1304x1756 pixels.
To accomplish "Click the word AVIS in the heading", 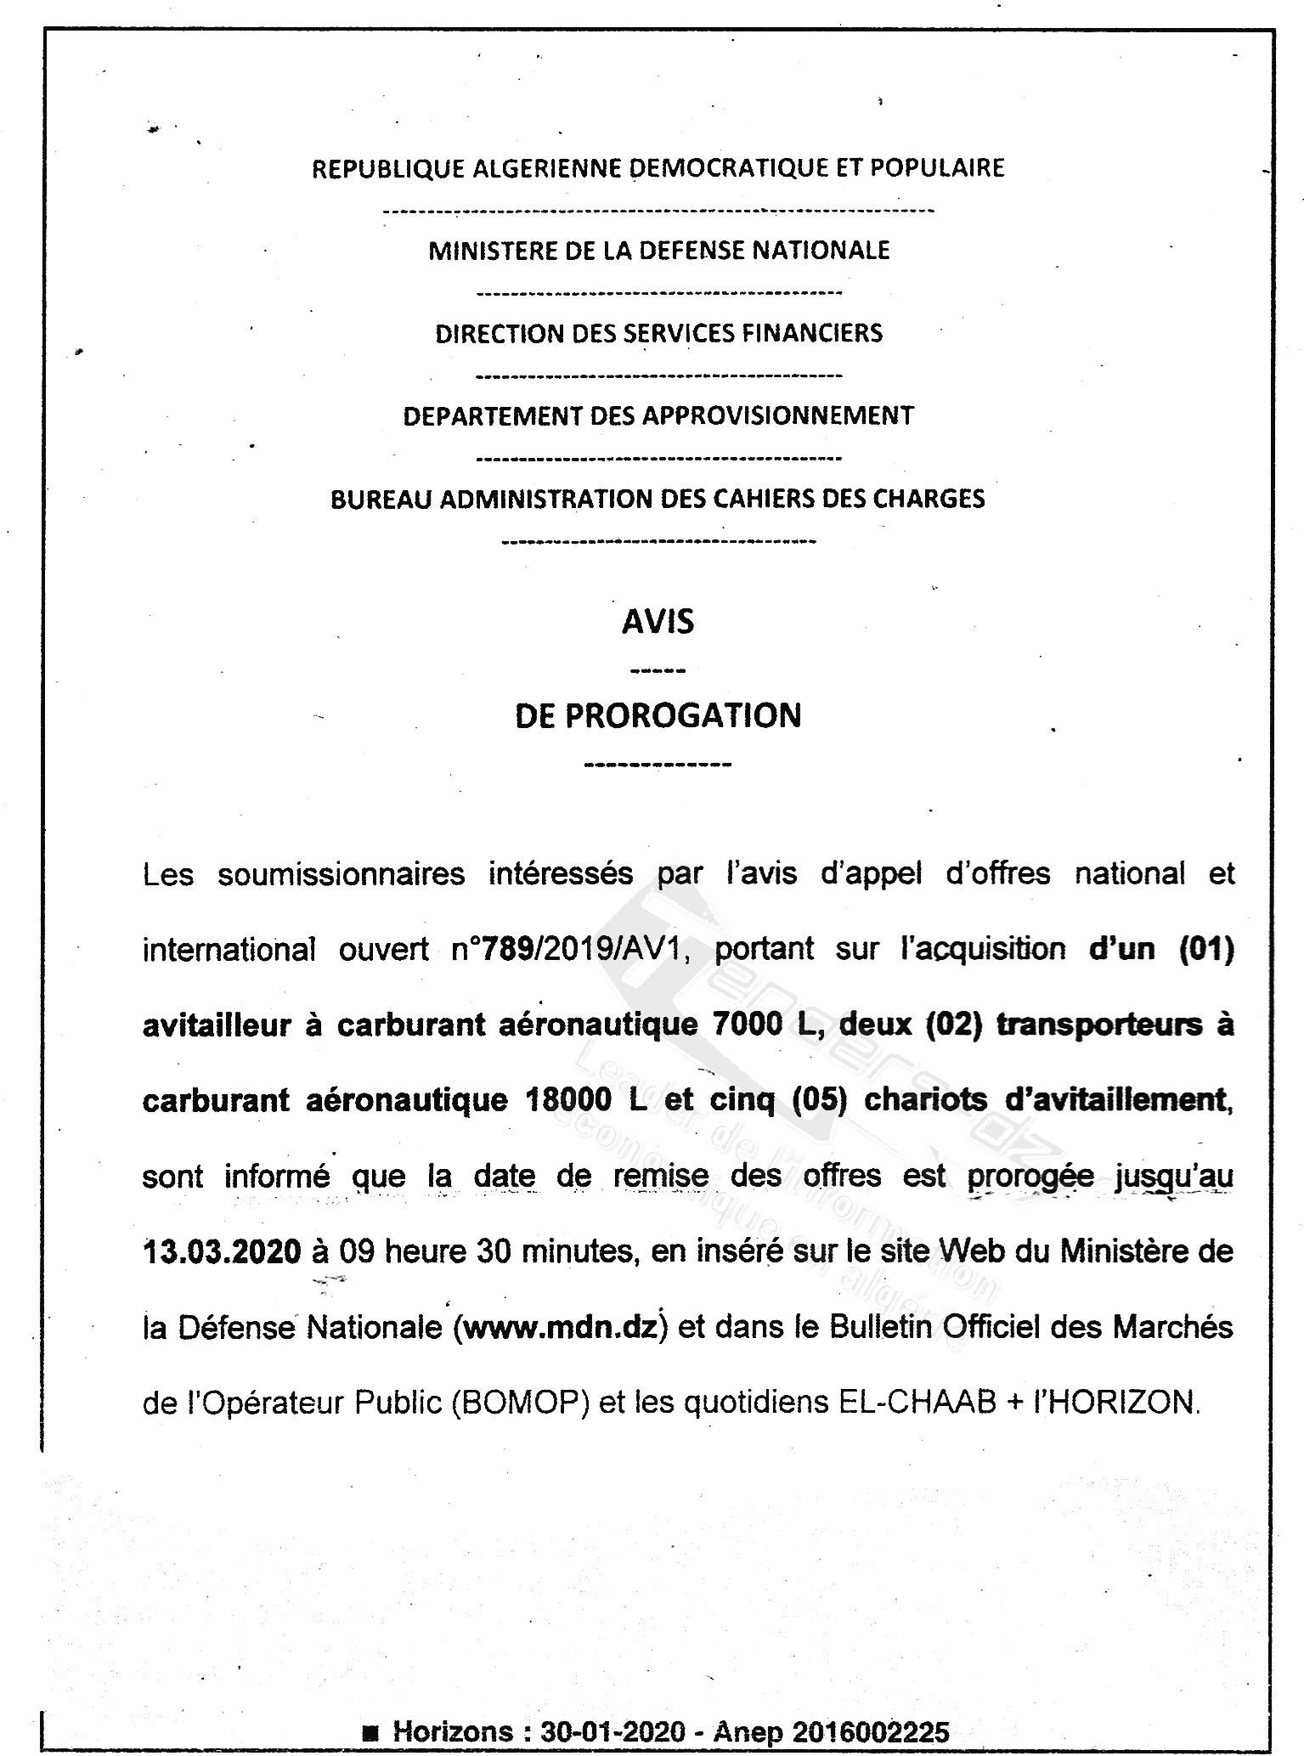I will pyautogui.click(x=658, y=622).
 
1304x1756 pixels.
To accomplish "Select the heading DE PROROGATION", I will pyautogui.click(x=658, y=715).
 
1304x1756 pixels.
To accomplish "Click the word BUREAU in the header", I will pyautogui.click(x=381, y=499).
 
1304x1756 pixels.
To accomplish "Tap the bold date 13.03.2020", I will pyautogui.click(x=222, y=1251).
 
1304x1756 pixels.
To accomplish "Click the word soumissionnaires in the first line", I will pyautogui.click(x=341, y=874).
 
